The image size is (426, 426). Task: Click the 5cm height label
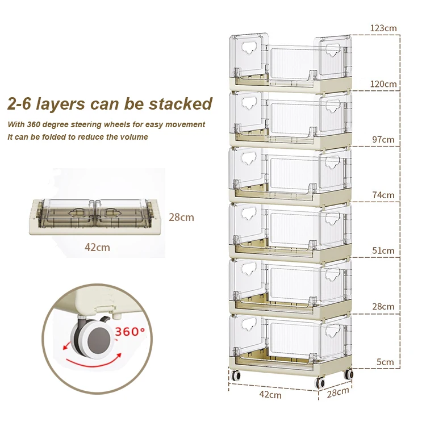[x=385, y=362]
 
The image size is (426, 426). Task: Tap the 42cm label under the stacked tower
[x=270, y=394]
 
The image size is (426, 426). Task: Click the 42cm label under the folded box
[x=97, y=248]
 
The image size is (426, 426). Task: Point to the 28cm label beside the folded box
[x=181, y=217]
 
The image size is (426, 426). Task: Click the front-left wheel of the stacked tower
[x=236, y=375]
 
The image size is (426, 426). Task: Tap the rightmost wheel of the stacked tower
[x=349, y=374]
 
